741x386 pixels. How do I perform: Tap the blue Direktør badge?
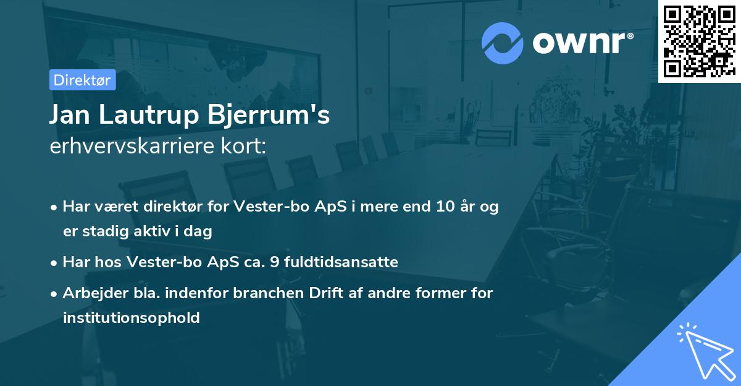(82, 80)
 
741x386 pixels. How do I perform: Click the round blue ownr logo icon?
(503, 43)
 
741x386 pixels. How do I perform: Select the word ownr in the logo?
(582, 43)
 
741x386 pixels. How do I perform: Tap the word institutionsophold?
(131, 318)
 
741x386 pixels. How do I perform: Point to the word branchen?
(264, 293)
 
